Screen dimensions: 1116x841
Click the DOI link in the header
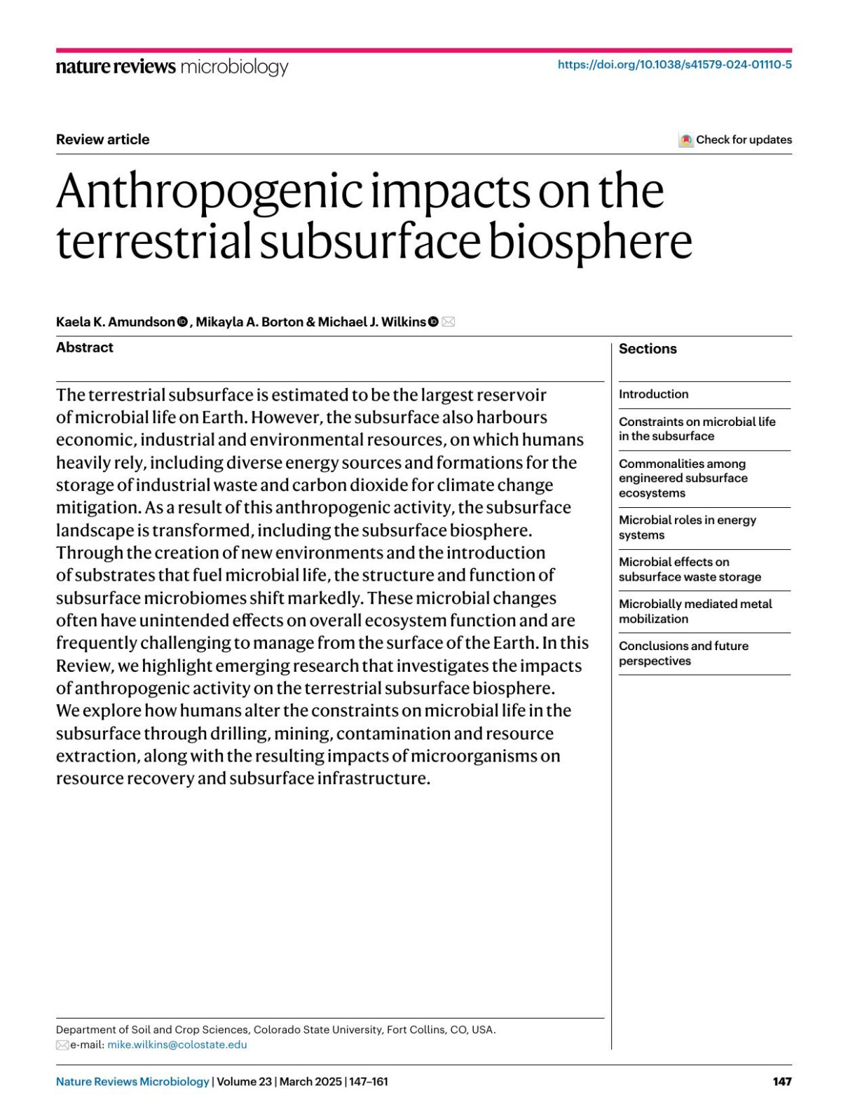tap(674, 65)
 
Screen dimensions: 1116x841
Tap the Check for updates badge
tap(735, 140)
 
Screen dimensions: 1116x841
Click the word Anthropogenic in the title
tap(210, 191)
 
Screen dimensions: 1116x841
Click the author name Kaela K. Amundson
tap(116, 322)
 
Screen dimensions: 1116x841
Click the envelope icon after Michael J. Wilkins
tap(449, 322)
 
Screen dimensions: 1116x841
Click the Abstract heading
tap(85, 347)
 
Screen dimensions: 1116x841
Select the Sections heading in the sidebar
tap(648, 349)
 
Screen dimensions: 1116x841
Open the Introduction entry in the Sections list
tap(653, 394)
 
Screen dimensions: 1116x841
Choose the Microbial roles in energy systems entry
tap(687, 528)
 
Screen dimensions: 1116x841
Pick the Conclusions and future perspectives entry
tap(683, 654)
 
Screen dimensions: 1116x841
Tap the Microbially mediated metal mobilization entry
tap(695, 612)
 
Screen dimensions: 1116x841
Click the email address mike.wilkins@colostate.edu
tap(177, 1045)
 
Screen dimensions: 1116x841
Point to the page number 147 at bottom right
tap(782, 1082)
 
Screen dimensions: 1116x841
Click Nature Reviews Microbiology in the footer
tap(132, 1082)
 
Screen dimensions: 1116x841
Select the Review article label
tap(102, 139)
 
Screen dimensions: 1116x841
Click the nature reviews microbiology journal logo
tap(172, 67)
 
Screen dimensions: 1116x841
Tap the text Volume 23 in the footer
tap(244, 1082)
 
